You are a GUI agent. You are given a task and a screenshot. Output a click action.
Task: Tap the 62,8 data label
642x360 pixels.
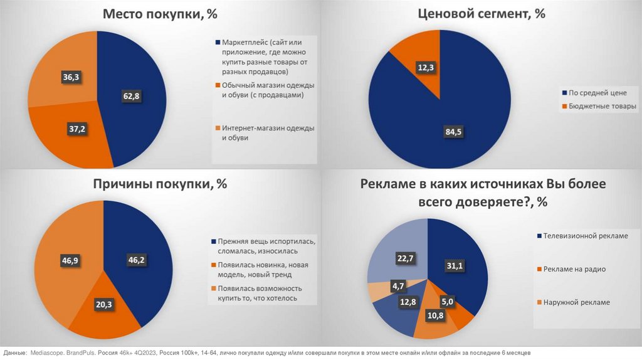pos(130,95)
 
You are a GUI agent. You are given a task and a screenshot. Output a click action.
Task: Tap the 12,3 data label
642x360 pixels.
pos(426,66)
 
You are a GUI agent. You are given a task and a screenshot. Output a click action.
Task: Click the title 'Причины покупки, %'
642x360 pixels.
pos(160,184)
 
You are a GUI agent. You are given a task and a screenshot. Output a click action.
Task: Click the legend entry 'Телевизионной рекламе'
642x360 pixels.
pos(586,236)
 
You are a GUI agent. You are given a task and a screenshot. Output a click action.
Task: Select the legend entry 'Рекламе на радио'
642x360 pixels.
pos(575,269)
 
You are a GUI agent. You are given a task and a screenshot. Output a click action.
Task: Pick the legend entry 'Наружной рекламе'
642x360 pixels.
pos(577,302)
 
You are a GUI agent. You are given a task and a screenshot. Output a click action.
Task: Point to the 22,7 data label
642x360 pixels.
pos(404,257)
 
